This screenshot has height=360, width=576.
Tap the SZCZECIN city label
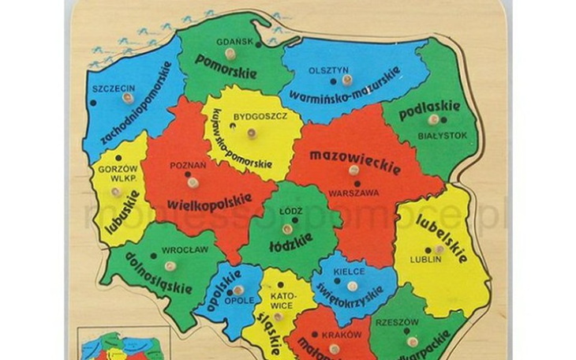click(x=113, y=88)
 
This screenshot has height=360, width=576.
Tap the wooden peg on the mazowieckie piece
click(x=353, y=170)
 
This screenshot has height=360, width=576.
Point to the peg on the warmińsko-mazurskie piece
click(x=346, y=79)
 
